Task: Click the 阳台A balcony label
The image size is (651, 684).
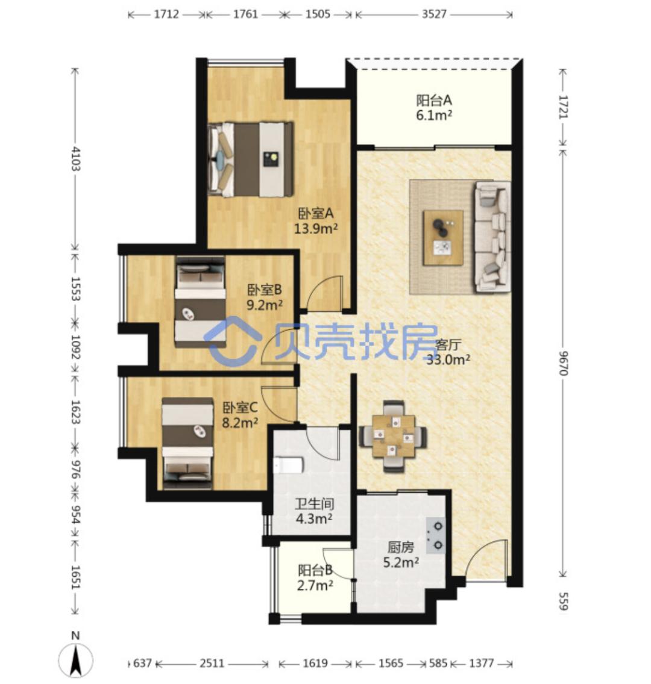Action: [433, 101]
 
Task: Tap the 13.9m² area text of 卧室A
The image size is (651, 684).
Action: [316, 228]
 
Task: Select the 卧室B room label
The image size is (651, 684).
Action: [265, 290]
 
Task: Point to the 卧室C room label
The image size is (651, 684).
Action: [240, 408]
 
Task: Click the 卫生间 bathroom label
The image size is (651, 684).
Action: [315, 504]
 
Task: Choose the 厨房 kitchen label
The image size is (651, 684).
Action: [400, 547]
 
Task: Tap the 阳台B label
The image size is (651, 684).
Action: [315, 570]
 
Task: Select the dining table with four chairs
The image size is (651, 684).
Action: [392, 436]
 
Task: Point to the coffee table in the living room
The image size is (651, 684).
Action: [443, 237]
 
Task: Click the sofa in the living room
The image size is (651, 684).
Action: [493, 237]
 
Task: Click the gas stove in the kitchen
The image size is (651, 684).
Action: [436, 536]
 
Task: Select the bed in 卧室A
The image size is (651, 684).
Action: [251, 160]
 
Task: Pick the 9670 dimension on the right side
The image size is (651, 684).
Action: [563, 363]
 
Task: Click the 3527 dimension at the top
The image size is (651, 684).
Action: [434, 14]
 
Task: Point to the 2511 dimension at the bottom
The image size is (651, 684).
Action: [212, 664]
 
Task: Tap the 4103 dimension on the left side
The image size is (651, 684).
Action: [76, 159]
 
